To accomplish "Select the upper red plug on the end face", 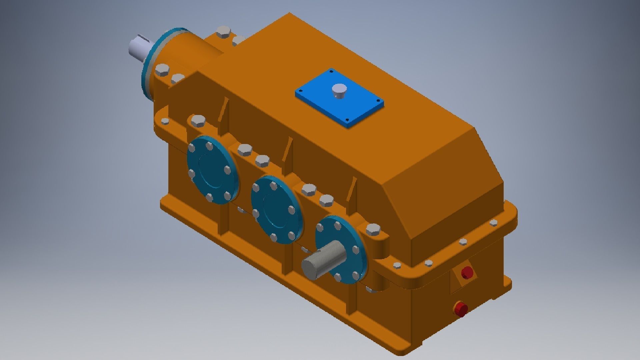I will click(467, 272).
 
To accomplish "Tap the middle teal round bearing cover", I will click(277, 209).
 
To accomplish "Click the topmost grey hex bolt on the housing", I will click(223, 32).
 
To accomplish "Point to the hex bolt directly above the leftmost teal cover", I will click(198, 121).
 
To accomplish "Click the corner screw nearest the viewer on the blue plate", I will click(347, 120).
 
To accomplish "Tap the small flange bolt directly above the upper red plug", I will click(463, 242).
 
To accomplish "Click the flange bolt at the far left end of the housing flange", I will click(165, 121).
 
